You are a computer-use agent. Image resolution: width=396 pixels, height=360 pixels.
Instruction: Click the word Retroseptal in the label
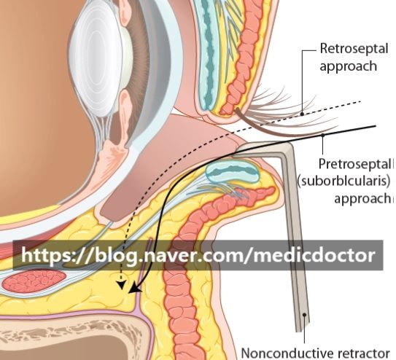tap(354, 48)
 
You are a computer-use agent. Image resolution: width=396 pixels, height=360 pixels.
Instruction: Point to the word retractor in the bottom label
tap(362, 353)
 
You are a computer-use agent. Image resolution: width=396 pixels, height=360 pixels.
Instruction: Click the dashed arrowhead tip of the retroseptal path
tap(122, 288)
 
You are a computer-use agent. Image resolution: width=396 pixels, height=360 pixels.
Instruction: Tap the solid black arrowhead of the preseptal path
tap(134, 289)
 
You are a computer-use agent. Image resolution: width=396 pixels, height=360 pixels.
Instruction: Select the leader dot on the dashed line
tap(302, 114)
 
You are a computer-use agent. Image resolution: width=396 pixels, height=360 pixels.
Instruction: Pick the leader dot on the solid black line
tap(322, 136)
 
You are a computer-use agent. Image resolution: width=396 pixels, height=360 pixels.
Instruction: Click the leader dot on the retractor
tap(305, 315)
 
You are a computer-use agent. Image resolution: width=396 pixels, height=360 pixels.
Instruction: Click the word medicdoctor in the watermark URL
tap(314, 255)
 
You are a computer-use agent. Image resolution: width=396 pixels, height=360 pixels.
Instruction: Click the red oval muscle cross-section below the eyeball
tap(34, 281)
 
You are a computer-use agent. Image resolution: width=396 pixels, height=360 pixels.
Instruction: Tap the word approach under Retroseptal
tap(349, 66)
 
